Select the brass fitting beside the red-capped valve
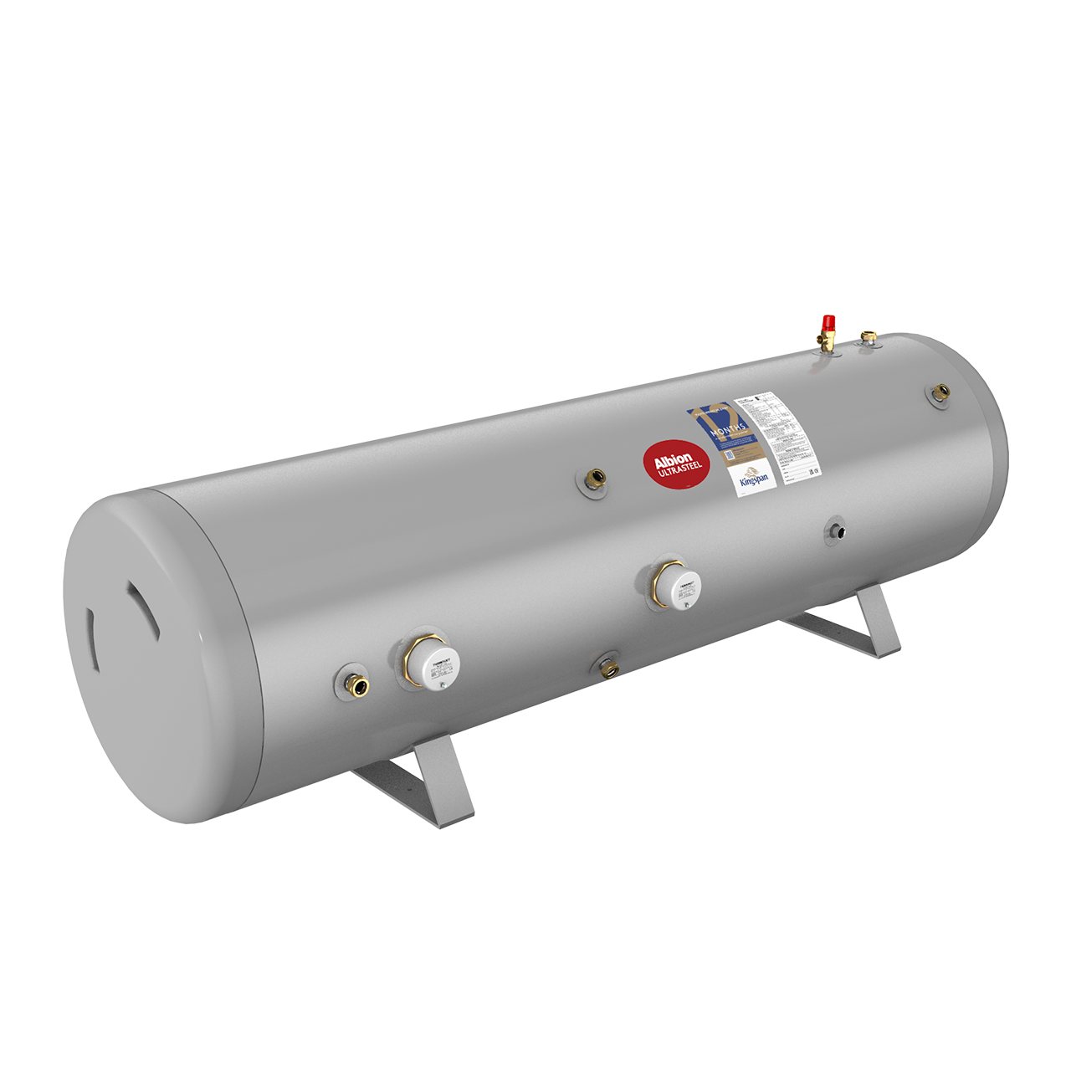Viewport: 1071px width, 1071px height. click(x=869, y=337)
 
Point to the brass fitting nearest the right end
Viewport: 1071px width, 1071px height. click(x=940, y=392)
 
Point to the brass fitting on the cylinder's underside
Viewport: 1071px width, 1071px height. click(x=607, y=668)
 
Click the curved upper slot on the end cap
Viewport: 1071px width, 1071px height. click(x=142, y=605)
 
